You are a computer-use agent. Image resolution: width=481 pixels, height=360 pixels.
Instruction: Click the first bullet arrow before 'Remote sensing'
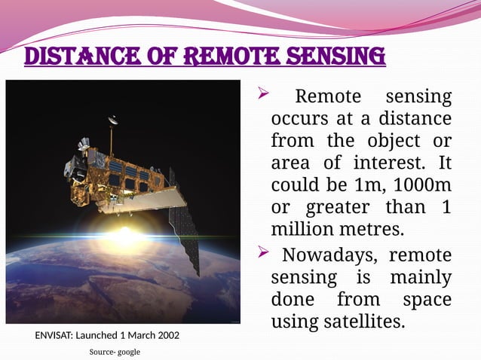click(x=263, y=95)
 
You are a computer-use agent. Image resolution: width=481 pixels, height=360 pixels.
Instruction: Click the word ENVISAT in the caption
click(x=59, y=335)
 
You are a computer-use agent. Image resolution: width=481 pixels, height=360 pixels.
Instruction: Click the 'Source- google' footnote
click(x=115, y=352)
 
